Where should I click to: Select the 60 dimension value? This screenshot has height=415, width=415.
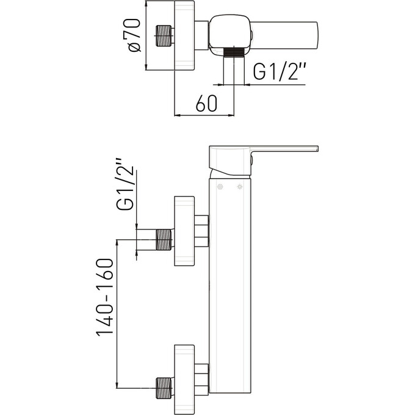click(206, 104)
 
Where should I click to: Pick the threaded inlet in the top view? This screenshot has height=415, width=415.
click(165, 37)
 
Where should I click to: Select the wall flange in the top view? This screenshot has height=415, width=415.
click(184, 37)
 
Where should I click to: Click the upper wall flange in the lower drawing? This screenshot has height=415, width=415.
click(184, 231)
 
